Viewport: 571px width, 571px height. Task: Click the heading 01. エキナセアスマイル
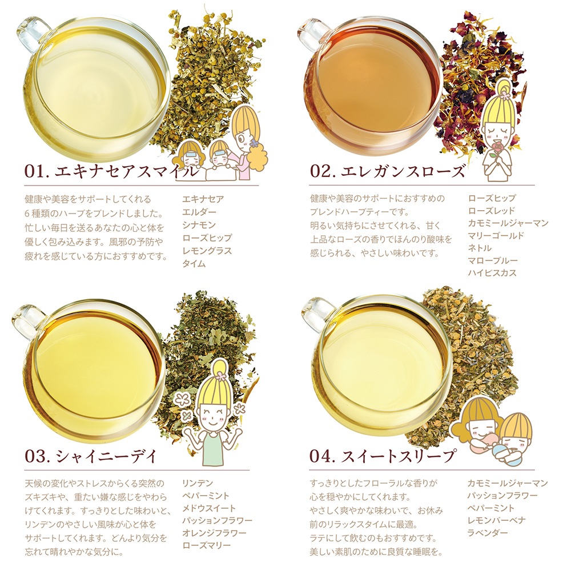(112, 171)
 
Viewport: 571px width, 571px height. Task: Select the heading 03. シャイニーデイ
(91, 456)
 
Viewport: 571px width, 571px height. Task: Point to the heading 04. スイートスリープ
(383, 456)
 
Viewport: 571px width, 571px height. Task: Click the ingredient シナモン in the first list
(199, 225)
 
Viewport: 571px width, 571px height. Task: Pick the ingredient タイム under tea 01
(194, 264)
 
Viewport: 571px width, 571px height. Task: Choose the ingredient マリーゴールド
(496, 236)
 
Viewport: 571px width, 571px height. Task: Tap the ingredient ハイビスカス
(492, 273)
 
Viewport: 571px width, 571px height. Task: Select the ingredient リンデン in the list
(198, 483)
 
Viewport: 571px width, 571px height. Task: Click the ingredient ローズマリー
(207, 545)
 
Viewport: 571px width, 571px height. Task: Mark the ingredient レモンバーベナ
(497, 520)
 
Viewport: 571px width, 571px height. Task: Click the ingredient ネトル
(480, 248)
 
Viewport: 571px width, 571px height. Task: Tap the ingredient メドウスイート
(209, 508)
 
